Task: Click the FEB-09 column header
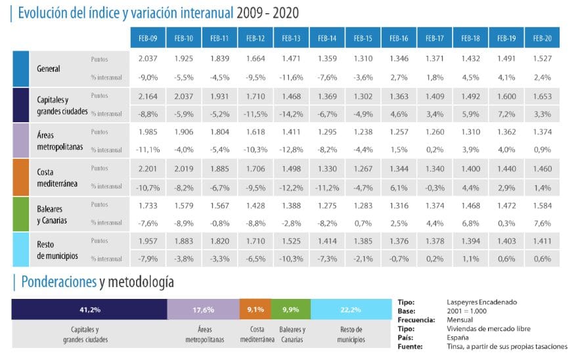148,39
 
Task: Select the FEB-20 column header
542,39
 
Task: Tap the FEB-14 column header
327,39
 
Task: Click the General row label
49,68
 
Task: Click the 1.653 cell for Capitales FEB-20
542,95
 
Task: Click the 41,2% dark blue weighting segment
89,309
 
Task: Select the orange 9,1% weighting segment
255,309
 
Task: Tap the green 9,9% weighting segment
290,309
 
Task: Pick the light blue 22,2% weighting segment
351,309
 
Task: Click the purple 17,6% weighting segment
203,309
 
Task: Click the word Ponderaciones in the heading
58,282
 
